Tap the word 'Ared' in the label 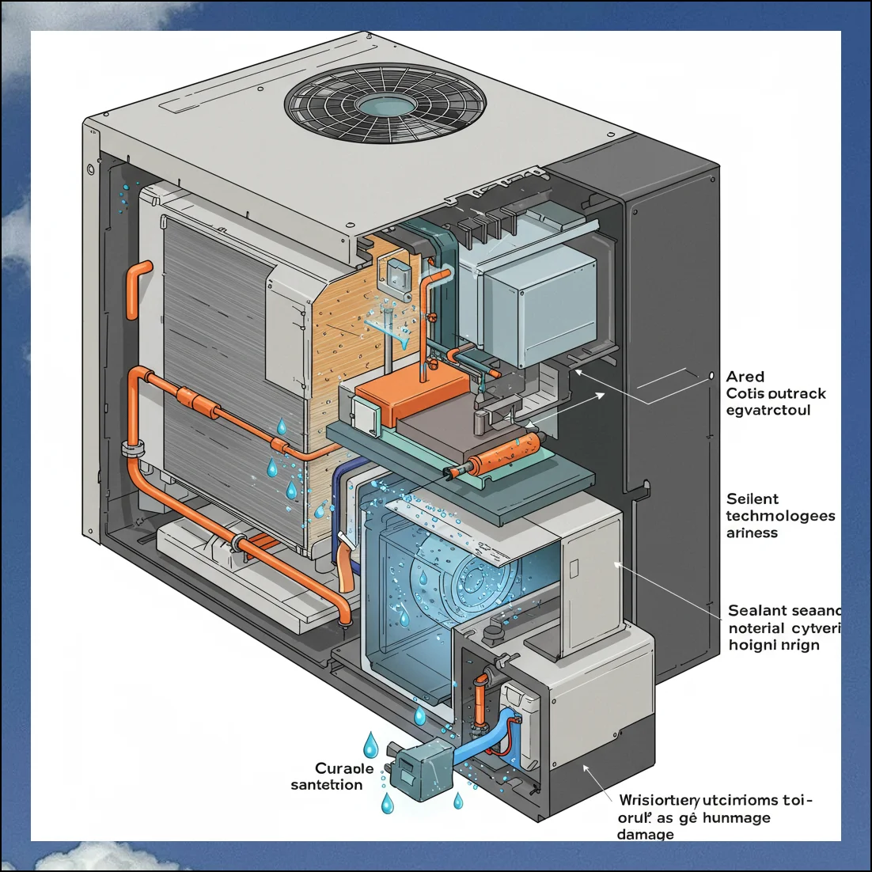(x=745, y=377)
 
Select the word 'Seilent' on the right (x=753, y=499)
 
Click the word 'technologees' (x=780, y=516)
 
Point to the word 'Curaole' (x=344, y=768)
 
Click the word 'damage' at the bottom (x=646, y=834)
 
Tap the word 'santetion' (x=327, y=785)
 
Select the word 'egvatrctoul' (x=768, y=410)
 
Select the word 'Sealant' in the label (x=757, y=611)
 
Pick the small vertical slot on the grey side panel (x=574, y=567)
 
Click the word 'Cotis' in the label (x=743, y=393)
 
